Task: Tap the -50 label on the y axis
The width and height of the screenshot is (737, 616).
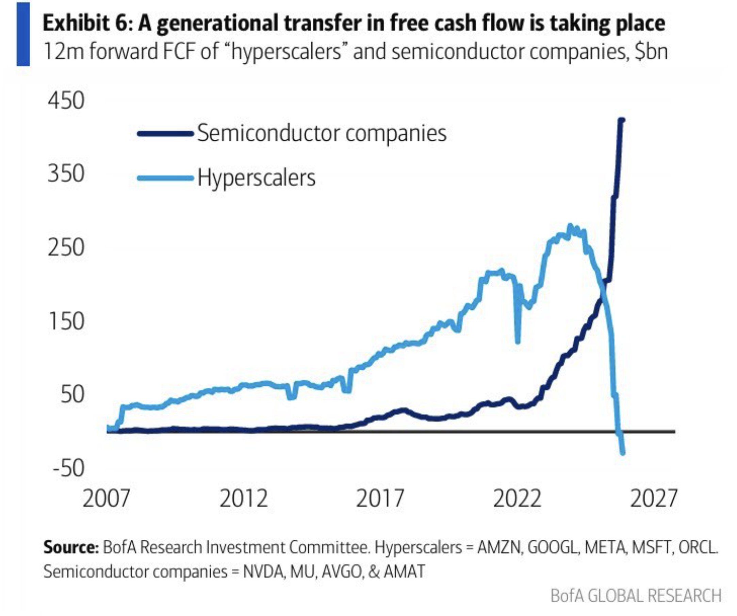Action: pyautogui.click(x=69, y=468)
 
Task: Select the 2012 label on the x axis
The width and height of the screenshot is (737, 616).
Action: pyautogui.click(x=244, y=498)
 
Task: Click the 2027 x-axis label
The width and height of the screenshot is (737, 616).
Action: pyautogui.click(x=654, y=498)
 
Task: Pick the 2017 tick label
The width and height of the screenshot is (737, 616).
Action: pyautogui.click(x=380, y=498)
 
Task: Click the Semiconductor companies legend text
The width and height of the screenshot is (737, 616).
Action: pyautogui.click(x=322, y=134)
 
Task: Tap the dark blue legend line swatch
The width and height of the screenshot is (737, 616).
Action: pyautogui.click(x=165, y=134)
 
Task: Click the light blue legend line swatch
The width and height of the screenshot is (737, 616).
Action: pyautogui.click(x=165, y=178)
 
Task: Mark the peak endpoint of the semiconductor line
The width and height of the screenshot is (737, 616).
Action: pyautogui.click(x=622, y=120)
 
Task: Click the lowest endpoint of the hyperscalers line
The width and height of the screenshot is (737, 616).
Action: pyautogui.click(x=623, y=453)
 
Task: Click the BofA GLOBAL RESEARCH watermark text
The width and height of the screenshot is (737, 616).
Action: pyautogui.click(x=636, y=596)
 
